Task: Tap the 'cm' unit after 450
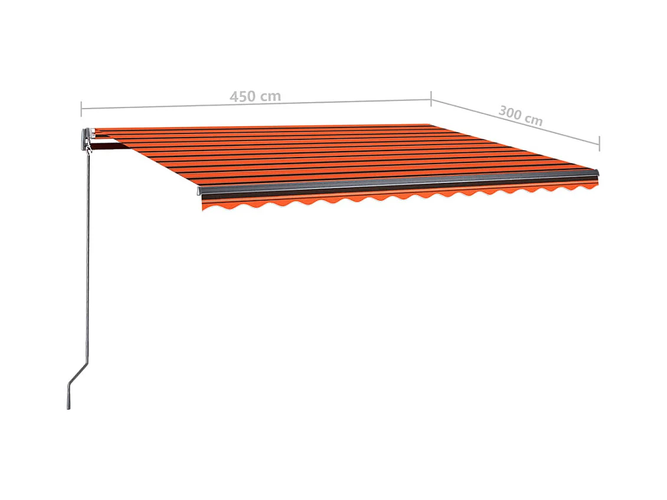[x=271, y=96]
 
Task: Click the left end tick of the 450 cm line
[x=81, y=108]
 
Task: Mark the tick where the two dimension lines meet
[x=431, y=99]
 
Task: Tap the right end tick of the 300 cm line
[x=599, y=143]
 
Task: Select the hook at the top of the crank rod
[x=88, y=151]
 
